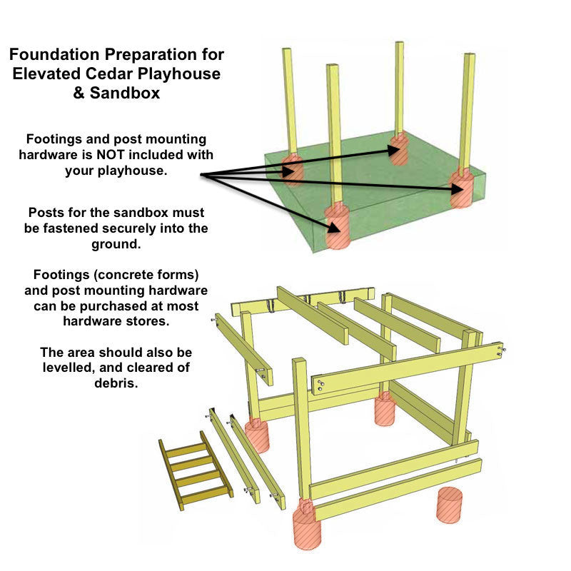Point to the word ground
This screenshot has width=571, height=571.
point(118,244)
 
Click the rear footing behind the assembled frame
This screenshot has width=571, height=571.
point(385,409)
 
